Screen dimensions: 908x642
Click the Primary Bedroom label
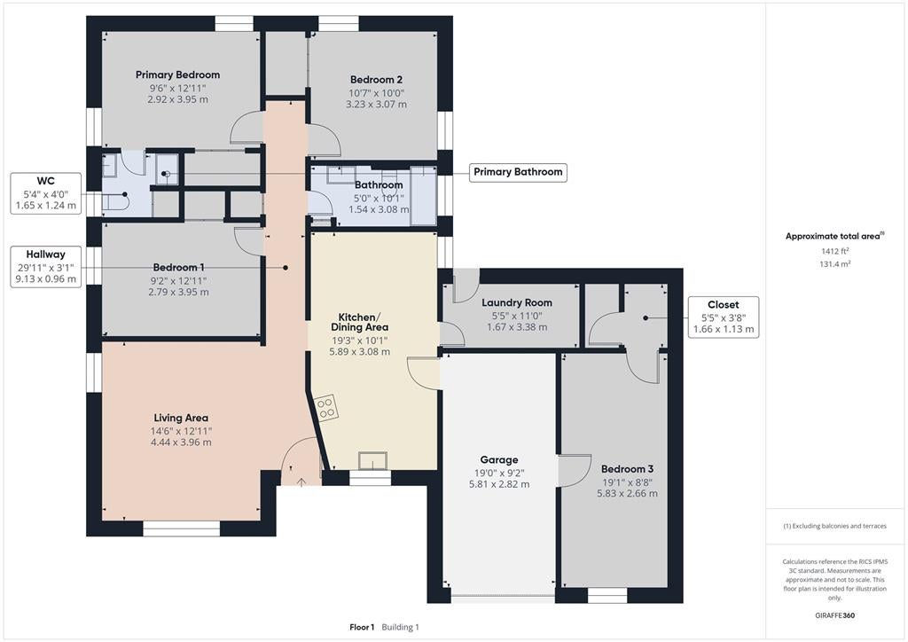[x=177, y=74]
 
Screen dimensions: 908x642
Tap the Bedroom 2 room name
[x=376, y=80]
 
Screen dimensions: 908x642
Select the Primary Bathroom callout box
[x=518, y=172]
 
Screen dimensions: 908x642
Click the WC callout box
[x=46, y=193]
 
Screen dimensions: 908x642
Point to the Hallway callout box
[x=46, y=267]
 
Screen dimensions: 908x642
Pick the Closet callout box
[x=724, y=317]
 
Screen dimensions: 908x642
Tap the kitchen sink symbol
[x=372, y=461]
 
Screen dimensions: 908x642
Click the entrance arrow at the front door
[x=301, y=481]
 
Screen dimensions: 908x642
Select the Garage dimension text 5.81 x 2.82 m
[x=499, y=484]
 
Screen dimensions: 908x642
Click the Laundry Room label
[x=517, y=302]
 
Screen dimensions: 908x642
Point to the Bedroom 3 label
[x=627, y=469]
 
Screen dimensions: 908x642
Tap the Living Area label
[x=181, y=418]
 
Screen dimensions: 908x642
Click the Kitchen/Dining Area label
[x=360, y=322]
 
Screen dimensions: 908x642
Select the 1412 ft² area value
[x=835, y=251]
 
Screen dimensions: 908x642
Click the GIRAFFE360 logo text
[x=835, y=615]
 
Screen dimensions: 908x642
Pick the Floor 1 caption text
[x=362, y=627]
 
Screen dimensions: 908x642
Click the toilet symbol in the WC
[x=118, y=202]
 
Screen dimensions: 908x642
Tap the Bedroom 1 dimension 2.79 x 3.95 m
[x=178, y=293]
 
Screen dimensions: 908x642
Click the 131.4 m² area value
[x=835, y=264]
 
